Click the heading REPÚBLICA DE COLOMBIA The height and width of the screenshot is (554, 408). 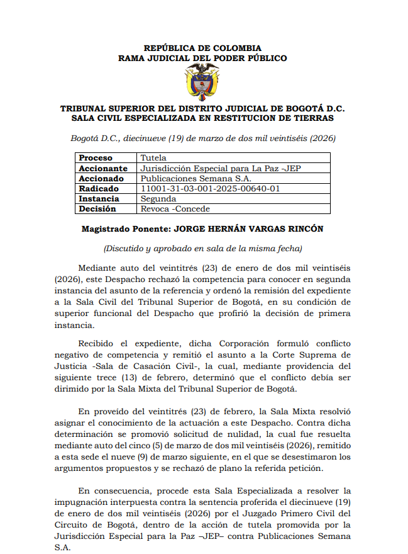pyautogui.click(x=202, y=48)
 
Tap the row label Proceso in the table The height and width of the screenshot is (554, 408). pyautogui.click(x=96, y=158)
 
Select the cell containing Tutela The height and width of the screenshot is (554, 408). pyautogui.click(x=153, y=158)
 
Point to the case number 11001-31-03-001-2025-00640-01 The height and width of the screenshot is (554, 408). pyautogui.click(x=211, y=188)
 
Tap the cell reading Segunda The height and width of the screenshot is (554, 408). pyautogui.click(x=158, y=198)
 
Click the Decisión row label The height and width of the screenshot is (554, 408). pyautogui.click(x=97, y=208)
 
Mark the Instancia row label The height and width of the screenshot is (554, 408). pyautogui.click(x=99, y=198)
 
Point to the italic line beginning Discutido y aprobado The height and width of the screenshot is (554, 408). pyautogui.click(x=202, y=248)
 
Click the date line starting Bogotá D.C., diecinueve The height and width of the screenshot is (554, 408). pyautogui.click(x=202, y=138)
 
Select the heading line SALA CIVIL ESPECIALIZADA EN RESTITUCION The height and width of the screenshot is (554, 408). pyautogui.click(x=202, y=118)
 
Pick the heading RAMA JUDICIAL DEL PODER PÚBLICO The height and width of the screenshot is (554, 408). pyautogui.click(x=202, y=58)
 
